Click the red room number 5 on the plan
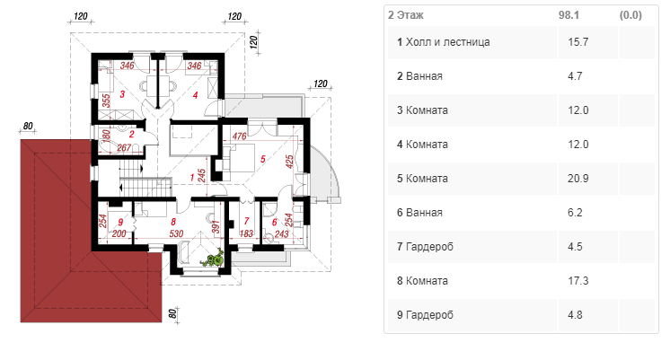coord(263,159)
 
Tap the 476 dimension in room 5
coord(239,136)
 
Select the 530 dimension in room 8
coord(176,233)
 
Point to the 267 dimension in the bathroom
coord(124,148)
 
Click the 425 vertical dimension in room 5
coord(290,162)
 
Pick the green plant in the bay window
coord(214,259)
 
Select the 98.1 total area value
coord(569,15)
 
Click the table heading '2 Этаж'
coord(406,15)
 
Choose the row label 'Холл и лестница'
coord(447,42)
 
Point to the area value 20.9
coord(578,179)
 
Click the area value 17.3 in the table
coord(578,281)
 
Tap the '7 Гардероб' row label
coord(425,247)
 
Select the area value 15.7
coord(578,42)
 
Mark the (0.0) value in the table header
coord(630,15)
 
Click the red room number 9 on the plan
coord(120,222)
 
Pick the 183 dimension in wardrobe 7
coord(246,233)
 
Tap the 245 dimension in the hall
coord(202,176)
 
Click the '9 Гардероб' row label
coord(425,315)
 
